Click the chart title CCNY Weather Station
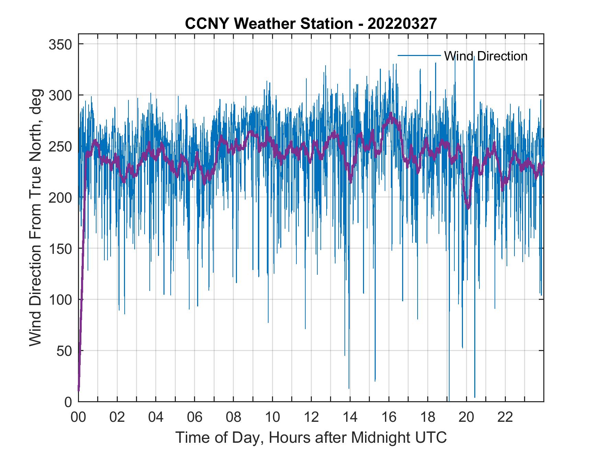tap(310, 24)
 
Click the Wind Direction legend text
tap(485, 56)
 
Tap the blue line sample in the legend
tap(419, 55)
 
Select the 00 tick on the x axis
tap(78, 417)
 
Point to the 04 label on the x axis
tap(156, 417)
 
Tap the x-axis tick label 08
tap(234, 417)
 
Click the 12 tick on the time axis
tap(311, 417)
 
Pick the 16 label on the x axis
tap(389, 417)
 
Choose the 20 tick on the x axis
tap(466, 417)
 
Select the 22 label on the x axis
tap(505, 417)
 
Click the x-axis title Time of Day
tap(311, 438)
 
